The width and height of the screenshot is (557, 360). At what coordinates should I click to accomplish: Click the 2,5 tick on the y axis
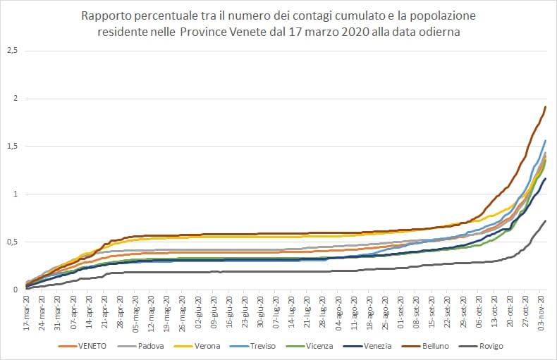[12, 51]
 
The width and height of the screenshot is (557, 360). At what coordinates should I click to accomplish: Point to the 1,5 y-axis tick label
[12, 147]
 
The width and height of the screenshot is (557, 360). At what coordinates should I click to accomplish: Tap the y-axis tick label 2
[15, 99]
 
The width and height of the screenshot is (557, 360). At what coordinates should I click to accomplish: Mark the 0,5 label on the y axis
[12, 242]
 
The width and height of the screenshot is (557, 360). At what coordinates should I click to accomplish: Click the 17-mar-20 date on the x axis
[27, 311]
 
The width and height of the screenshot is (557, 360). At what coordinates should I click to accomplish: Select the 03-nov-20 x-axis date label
[541, 311]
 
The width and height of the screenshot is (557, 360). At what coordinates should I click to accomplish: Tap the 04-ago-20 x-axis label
[339, 311]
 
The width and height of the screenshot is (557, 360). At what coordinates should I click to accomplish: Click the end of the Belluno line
[546, 107]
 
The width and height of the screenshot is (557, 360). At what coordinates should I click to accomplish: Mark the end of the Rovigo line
[546, 221]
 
